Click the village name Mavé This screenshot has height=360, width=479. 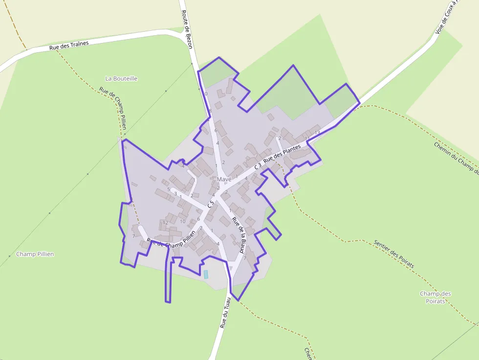(224, 179)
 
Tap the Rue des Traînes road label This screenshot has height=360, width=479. (69, 45)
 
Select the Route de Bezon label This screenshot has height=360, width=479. (187, 30)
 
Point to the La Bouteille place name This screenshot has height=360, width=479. (121, 79)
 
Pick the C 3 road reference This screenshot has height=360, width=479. (258, 166)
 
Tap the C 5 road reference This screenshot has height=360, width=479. (211, 204)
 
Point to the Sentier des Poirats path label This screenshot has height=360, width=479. (394, 254)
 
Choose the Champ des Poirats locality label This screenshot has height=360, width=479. (435, 297)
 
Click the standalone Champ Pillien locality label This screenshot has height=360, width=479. (35, 254)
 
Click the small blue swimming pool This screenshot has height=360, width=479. (206, 274)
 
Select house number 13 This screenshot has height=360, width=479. (317, 133)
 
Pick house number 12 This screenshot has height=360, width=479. (165, 223)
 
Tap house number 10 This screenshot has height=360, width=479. (182, 221)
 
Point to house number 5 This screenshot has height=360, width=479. (169, 190)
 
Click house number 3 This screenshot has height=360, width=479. (175, 194)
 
